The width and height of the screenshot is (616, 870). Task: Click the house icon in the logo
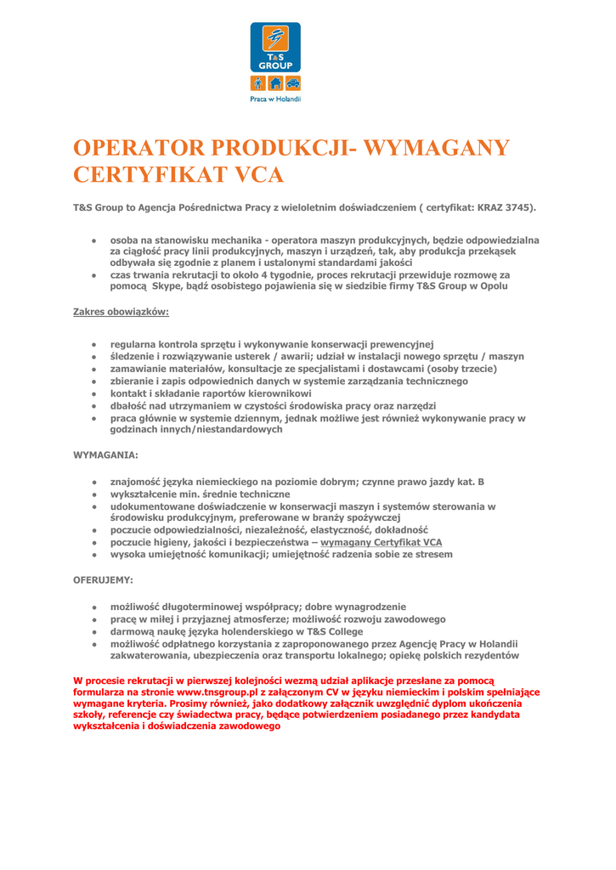tap(275, 82)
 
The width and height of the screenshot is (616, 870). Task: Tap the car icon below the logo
tap(292, 82)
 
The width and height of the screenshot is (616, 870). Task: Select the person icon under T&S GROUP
tap(258, 82)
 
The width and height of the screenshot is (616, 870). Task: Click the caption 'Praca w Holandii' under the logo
tap(275, 99)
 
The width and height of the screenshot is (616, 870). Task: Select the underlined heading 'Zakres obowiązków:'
tap(122, 312)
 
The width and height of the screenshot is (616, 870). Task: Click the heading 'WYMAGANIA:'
tap(105, 455)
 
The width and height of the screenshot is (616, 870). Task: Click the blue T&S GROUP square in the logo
tap(275, 48)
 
